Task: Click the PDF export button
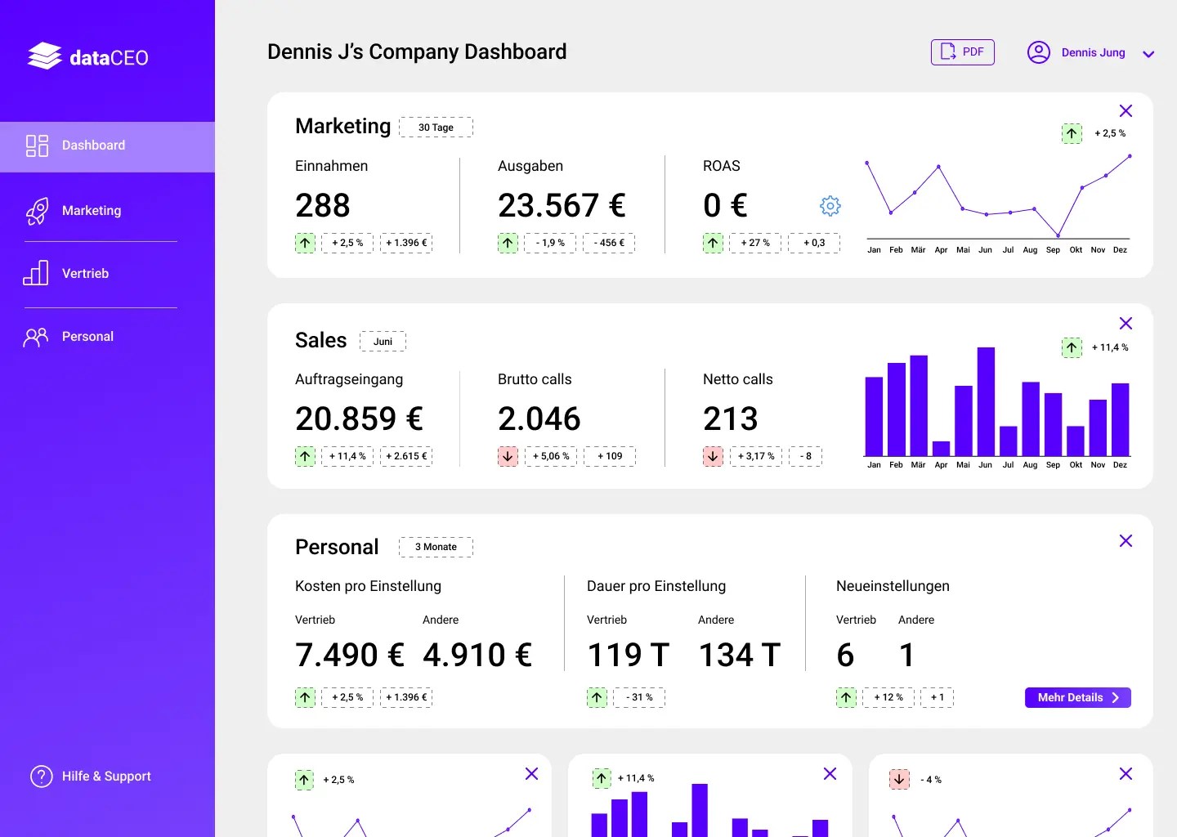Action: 962,52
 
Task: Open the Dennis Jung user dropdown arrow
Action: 1148,54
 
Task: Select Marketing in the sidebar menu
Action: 91,211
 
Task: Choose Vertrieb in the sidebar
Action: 85,274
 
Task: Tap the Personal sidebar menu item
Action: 87,337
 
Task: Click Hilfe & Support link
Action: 105,777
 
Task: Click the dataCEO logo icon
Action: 44,56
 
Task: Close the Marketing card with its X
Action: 1126,111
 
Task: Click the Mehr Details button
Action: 1077,697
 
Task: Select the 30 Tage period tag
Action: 436,128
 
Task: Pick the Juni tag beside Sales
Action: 383,342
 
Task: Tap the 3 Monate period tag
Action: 436,547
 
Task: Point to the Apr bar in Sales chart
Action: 941,448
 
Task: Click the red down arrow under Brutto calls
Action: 508,456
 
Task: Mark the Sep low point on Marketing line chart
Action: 1058,236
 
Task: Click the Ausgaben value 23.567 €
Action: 562,205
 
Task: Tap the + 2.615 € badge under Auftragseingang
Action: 406,456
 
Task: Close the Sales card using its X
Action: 1126,324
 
